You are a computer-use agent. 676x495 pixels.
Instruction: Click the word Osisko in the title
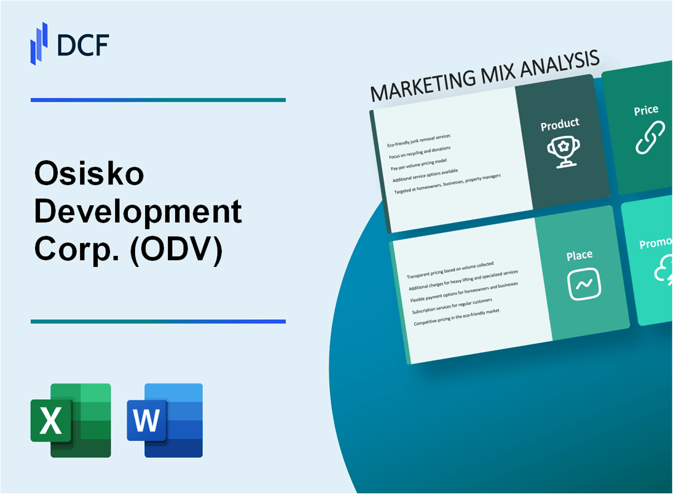tap(90, 175)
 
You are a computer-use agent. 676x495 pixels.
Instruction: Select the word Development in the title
tap(138, 213)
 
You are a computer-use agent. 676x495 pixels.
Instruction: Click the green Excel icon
tap(71, 420)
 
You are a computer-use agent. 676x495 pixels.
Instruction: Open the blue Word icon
tap(165, 420)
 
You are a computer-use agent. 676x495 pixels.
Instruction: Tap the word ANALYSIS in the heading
tap(556, 65)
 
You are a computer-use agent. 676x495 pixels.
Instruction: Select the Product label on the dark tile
tap(560, 124)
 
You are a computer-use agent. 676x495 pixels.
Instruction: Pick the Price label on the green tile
tap(646, 111)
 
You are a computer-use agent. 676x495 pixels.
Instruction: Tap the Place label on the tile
tap(580, 255)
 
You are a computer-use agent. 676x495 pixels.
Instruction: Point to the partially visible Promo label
tap(656, 244)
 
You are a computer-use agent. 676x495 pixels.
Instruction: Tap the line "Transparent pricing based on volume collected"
tap(450, 267)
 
